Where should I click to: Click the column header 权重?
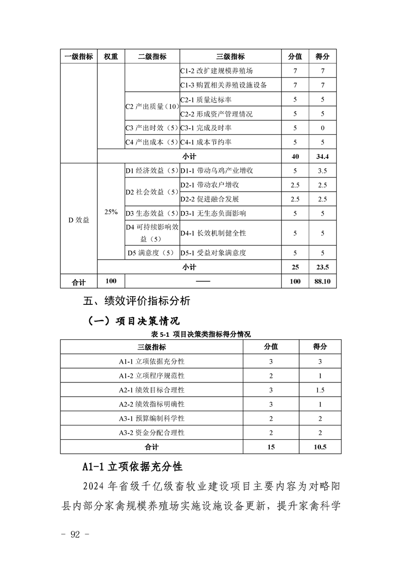tap(111, 57)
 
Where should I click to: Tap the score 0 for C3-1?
tap(322, 128)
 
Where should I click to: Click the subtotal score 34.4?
tap(322, 156)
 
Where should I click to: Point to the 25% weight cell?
tap(111, 212)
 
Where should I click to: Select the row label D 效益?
tap(79, 220)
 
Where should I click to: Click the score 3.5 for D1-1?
tap(322, 171)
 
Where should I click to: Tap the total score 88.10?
tap(322, 281)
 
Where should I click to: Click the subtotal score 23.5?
tap(322, 267)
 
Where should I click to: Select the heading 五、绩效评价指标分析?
tap(136, 301)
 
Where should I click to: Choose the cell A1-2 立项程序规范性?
tap(152, 376)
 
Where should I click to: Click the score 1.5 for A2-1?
tap(320, 390)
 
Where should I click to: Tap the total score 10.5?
tap(320, 447)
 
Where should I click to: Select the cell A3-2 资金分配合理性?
tap(152, 433)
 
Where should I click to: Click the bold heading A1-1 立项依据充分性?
tap(132, 466)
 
